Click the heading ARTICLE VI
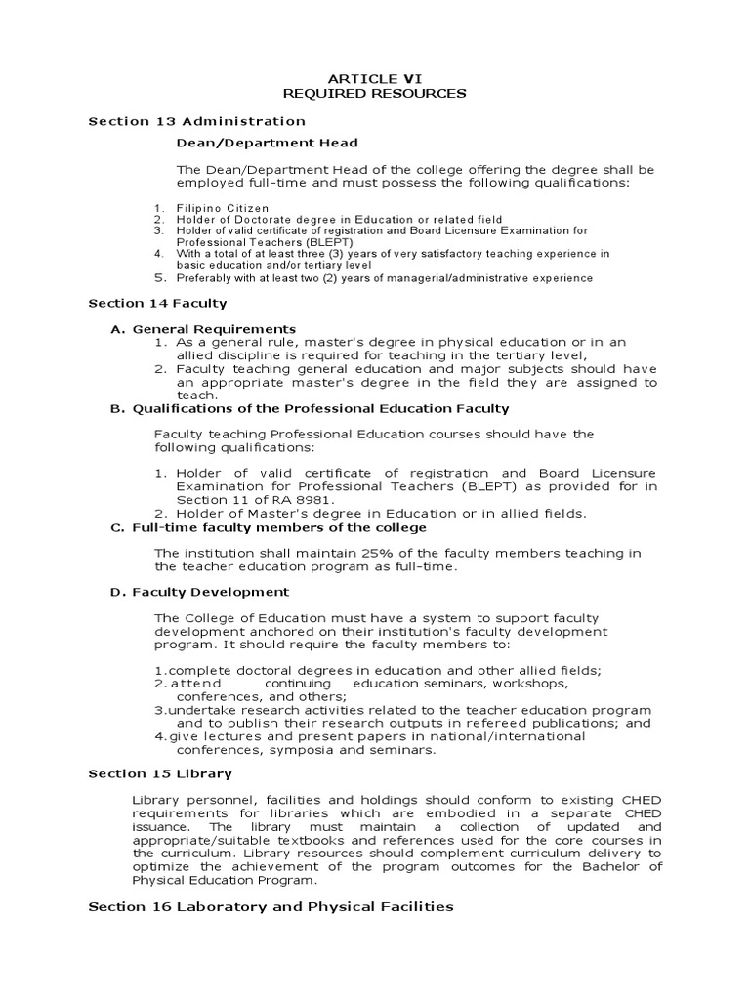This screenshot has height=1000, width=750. (375, 77)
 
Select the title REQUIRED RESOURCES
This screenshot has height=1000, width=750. (375, 93)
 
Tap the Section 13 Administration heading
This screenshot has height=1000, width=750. (196, 121)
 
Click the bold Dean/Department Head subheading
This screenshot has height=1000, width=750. (267, 143)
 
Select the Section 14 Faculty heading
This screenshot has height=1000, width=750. (157, 304)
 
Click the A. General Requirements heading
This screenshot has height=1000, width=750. (203, 329)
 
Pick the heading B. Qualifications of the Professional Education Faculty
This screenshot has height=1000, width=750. (310, 408)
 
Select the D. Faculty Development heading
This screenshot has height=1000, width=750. (200, 592)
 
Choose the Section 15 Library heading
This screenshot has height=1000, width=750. (160, 774)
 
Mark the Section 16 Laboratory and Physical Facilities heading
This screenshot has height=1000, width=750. (271, 906)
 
